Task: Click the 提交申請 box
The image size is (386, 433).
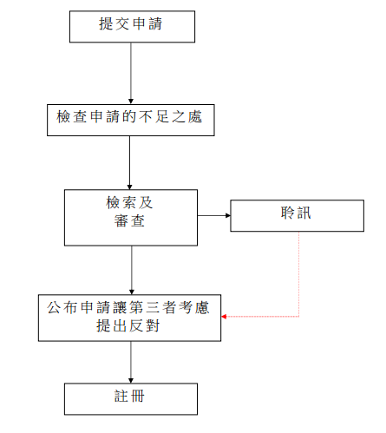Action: pyautogui.click(x=132, y=25)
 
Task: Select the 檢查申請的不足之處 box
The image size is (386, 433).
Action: pyautogui.click(x=131, y=119)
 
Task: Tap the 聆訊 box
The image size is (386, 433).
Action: pyautogui.click(x=296, y=215)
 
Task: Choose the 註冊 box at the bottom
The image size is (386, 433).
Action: pyautogui.click(x=131, y=397)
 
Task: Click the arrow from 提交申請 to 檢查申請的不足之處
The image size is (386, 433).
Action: pyautogui.click(x=131, y=73)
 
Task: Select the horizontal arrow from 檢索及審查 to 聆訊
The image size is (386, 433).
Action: pyautogui.click(x=213, y=215)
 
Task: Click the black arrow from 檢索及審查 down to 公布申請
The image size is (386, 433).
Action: pyautogui.click(x=131, y=269)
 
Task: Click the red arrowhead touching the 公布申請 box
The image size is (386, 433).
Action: pyautogui.click(x=225, y=317)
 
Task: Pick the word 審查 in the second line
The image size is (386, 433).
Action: pyautogui.click(x=130, y=224)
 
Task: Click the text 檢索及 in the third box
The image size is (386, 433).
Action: pyautogui.click(x=129, y=203)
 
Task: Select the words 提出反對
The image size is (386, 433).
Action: pyautogui.click(x=130, y=327)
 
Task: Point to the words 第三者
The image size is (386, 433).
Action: pyautogui.click(x=160, y=308)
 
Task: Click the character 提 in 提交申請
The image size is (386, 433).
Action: pyautogui.click(x=106, y=25)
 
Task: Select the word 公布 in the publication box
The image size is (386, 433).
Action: pyautogui.click(x=62, y=308)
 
